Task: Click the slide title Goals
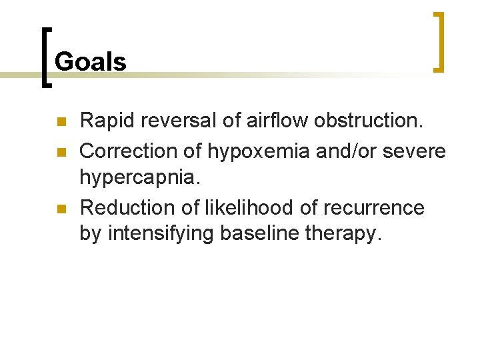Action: [90, 62]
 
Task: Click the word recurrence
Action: [373, 208]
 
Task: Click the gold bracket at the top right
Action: [438, 41]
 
